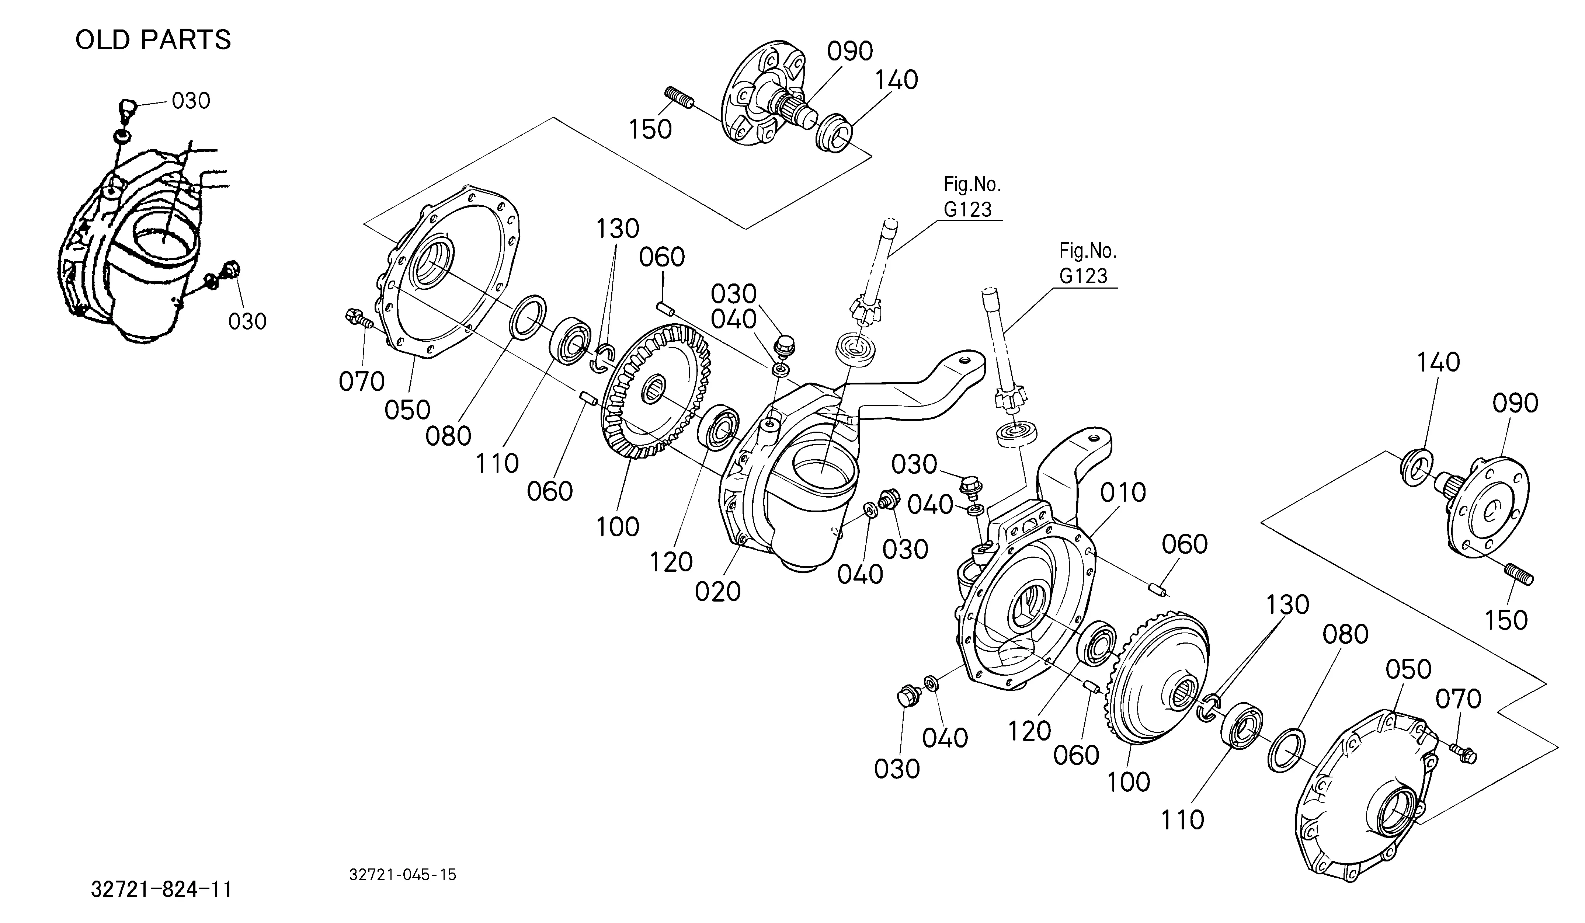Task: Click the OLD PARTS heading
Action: click(x=153, y=39)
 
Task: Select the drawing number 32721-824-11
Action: click(x=161, y=889)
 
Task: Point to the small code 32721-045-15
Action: click(x=403, y=875)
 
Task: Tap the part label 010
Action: click(x=1123, y=492)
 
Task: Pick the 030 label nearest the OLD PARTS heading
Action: click(x=191, y=101)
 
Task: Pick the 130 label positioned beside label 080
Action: click(x=1287, y=605)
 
